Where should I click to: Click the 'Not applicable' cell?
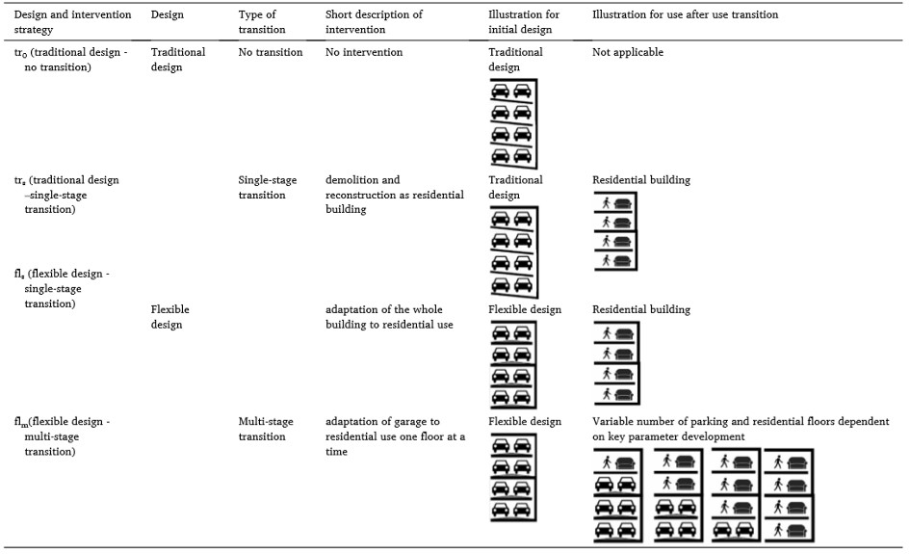point(627,52)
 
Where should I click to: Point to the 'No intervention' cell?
point(364,52)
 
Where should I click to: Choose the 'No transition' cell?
point(271,52)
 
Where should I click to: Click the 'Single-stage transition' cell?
point(268,187)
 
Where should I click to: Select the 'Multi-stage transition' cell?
point(266,429)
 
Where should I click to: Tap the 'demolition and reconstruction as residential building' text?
point(394,195)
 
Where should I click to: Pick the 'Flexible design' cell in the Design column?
point(170,317)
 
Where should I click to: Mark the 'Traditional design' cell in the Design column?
point(178,60)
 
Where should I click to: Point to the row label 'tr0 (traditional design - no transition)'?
point(69,60)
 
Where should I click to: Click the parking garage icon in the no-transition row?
point(511,123)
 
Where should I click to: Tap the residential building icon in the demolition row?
point(615,232)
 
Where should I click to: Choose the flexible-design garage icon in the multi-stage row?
point(511,479)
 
